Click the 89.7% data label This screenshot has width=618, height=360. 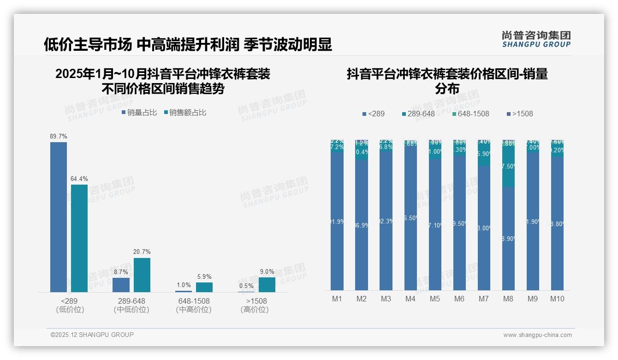[x=59, y=136]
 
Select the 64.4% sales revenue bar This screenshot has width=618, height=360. [x=79, y=238]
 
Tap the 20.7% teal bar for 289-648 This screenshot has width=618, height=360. [x=142, y=275]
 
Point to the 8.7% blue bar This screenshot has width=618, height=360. [x=121, y=285]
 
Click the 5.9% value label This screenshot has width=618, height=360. [x=204, y=276]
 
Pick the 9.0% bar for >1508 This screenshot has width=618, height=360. [x=267, y=285]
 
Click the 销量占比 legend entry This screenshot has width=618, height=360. [x=139, y=112]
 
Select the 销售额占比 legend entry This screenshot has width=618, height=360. [x=185, y=112]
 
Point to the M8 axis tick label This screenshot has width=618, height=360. [x=508, y=299]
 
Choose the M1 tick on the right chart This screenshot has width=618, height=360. [x=337, y=299]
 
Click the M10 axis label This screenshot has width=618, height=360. [x=557, y=299]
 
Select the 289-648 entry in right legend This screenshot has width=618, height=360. [x=418, y=114]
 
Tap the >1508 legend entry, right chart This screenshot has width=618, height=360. [x=520, y=114]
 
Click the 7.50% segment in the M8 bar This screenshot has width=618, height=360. [x=508, y=167]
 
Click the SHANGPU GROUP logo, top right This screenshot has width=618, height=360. [x=536, y=39]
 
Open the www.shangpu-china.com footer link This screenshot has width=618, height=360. [x=537, y=335]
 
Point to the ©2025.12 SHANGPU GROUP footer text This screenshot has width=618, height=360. [x=92, y=335]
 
